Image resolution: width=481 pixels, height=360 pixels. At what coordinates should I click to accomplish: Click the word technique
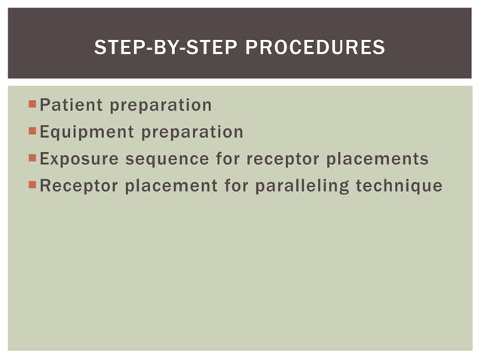pos(400,186)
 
